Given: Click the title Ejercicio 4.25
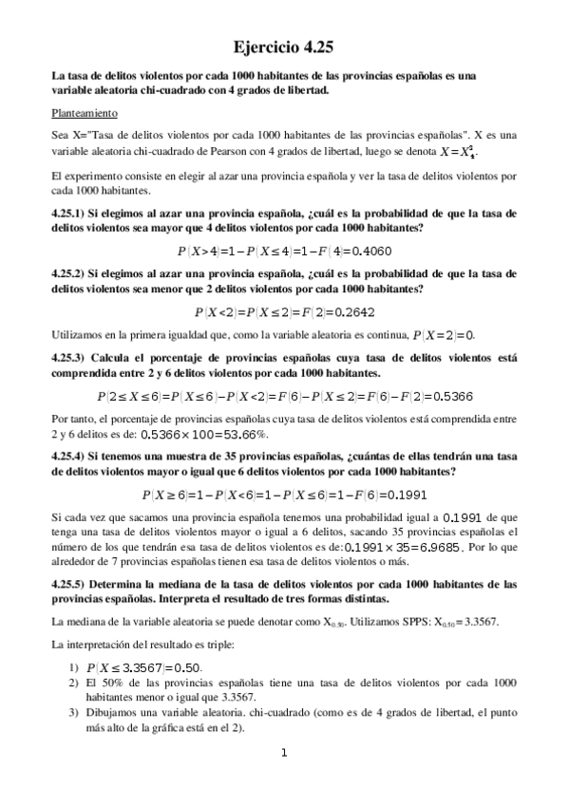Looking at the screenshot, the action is tap(284, 45).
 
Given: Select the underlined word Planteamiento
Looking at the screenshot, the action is tap(85, 113).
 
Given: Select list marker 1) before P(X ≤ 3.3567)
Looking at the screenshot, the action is tap(73, 667).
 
